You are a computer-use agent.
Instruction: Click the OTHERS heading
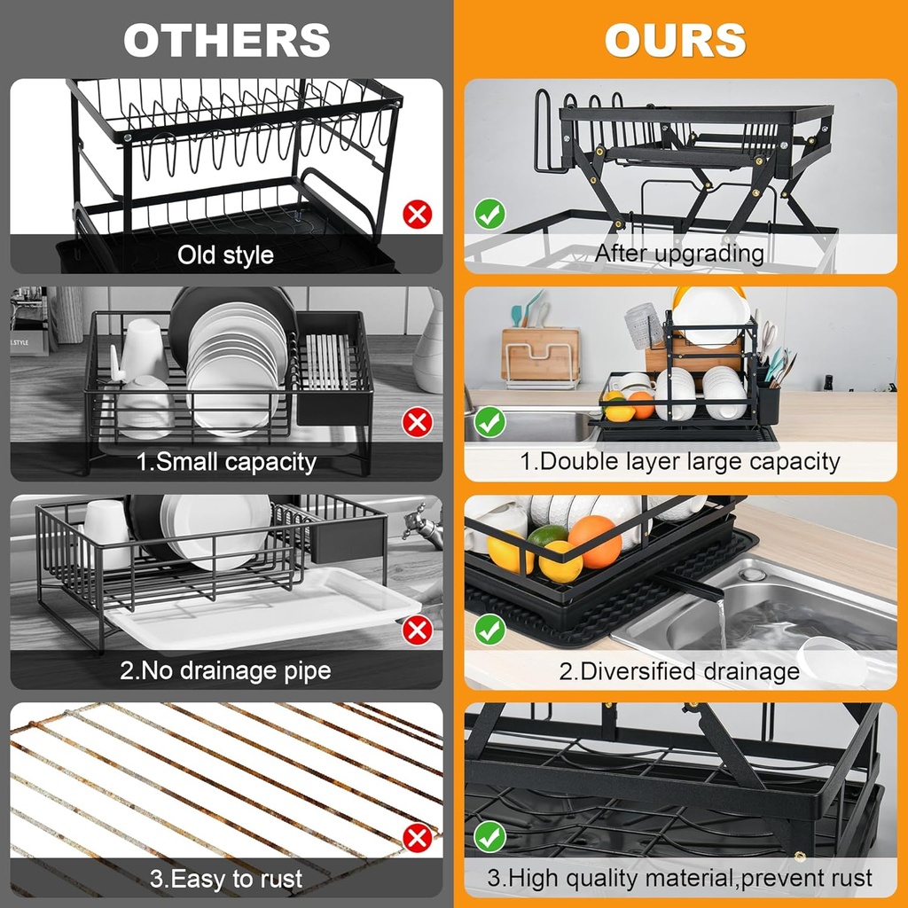[227, 41]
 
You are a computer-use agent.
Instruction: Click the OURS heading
[676, 41]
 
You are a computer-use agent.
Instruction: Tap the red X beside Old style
[417, 214]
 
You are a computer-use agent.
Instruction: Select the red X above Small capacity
[417, 422]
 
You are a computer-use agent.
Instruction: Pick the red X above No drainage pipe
[417, 630]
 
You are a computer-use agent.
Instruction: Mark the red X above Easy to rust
[417, 838]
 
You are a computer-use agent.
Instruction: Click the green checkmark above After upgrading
[489, 214]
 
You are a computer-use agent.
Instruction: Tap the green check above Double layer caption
[489, 422]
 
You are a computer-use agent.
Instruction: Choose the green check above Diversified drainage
[489, 630]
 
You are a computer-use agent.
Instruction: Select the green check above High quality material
[489, 838]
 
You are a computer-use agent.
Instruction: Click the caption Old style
[225, 255]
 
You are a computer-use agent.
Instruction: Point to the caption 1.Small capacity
[225, 462]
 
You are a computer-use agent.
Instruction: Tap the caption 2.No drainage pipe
[225, 670]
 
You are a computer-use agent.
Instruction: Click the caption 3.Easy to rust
[225, 879]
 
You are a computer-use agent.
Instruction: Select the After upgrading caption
[679, 254]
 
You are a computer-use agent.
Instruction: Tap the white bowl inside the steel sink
[831, 661]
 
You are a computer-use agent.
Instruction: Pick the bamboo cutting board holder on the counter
[539, 355]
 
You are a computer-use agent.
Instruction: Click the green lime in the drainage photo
[547, 536]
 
